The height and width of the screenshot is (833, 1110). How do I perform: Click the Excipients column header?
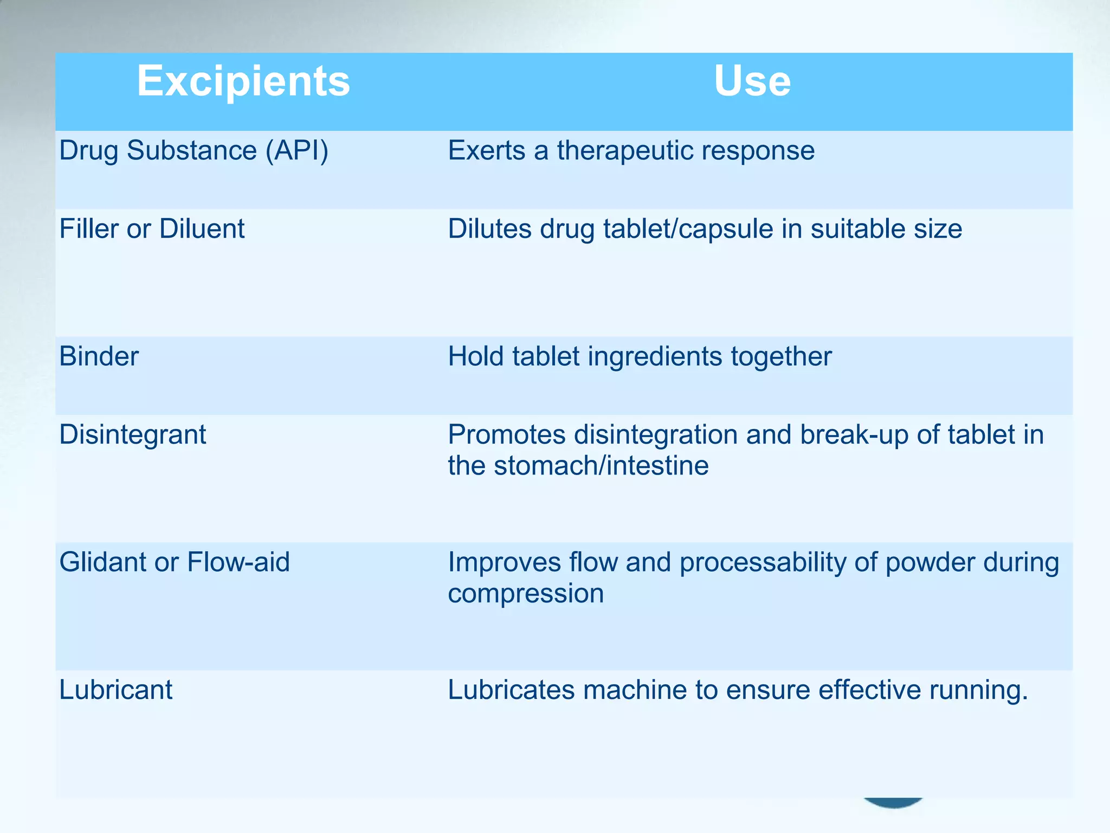click(243, 81)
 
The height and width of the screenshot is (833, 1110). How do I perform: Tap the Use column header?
click(752, 81)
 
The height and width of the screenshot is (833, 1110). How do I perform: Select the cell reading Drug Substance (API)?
click(193, 150)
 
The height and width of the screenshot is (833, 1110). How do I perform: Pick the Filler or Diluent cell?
click(152, 228)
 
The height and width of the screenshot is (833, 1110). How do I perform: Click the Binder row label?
click(99, 356)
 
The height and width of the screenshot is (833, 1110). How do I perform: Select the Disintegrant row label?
click(133, 434)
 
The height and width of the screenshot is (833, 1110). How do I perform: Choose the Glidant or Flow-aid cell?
click(175, 562)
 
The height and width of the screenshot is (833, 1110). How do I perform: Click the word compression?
click(526, 593)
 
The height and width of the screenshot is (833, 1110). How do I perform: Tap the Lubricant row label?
click(116, 690)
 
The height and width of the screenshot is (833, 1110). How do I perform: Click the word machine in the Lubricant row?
click(635, 690)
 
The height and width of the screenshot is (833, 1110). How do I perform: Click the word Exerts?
click(486, 150)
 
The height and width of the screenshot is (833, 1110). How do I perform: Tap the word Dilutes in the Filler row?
click(489, 228)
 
